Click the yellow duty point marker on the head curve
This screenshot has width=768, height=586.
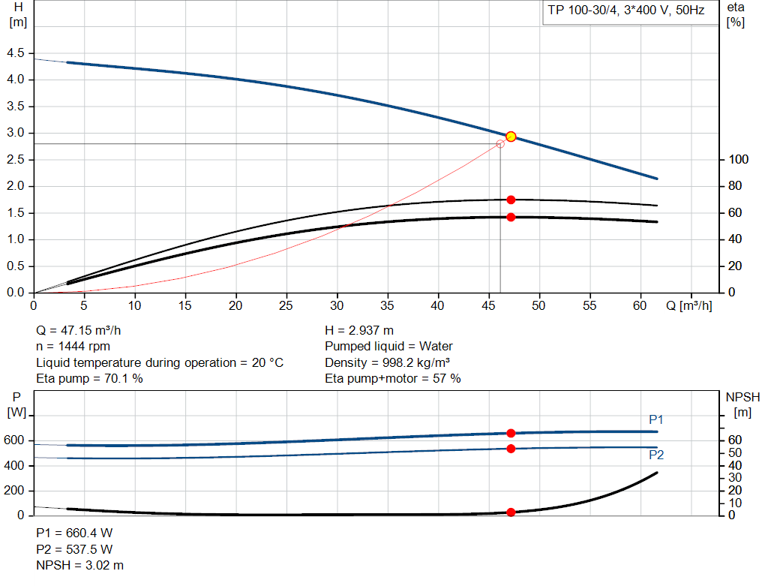(x=511, y=137)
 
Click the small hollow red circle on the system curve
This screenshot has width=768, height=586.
(x=500, y=143)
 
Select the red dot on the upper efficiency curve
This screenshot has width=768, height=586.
(x=511, y=200)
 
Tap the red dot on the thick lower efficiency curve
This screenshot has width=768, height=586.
(x=511, y=217)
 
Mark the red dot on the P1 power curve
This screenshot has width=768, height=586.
(x=511, y=433)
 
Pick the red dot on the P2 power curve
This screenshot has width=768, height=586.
(x=511, y=449)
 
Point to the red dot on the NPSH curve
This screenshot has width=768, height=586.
(x=511, y=512)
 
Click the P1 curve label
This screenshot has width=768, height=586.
(x=656, y=419)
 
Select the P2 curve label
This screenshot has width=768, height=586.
(x=656, y=455)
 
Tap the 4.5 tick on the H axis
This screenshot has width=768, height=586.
(x=15, y=53)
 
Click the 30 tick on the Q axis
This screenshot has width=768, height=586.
(x=337, y=306)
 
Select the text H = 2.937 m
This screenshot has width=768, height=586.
(x=359, y=330)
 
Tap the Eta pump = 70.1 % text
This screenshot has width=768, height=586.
(x=89, y=379)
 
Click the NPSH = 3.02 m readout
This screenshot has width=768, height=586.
(x=80, y=565)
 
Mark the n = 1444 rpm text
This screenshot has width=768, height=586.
(x=73, y=347)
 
